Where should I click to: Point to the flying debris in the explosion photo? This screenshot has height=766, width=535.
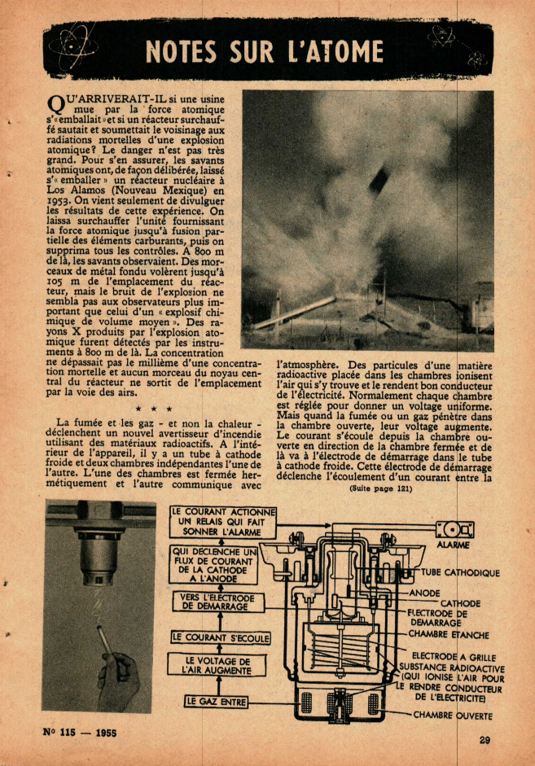(378, 178)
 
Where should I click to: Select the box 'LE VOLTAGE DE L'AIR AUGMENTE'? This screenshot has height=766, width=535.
(217, 665)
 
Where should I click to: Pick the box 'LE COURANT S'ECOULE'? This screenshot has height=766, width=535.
(221, 637)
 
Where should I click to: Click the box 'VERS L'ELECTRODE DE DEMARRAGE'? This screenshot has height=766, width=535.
(214, 602)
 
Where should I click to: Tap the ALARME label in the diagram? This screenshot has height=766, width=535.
(453, 545)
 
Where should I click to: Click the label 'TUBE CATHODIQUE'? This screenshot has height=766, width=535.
(460, 572)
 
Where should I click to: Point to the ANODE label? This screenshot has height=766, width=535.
(424, 593)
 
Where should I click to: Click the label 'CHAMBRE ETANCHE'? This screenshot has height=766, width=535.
(449, 633)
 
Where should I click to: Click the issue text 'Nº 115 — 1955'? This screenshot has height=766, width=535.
(79, 732)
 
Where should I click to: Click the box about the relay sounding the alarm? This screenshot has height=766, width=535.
(223, 521)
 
